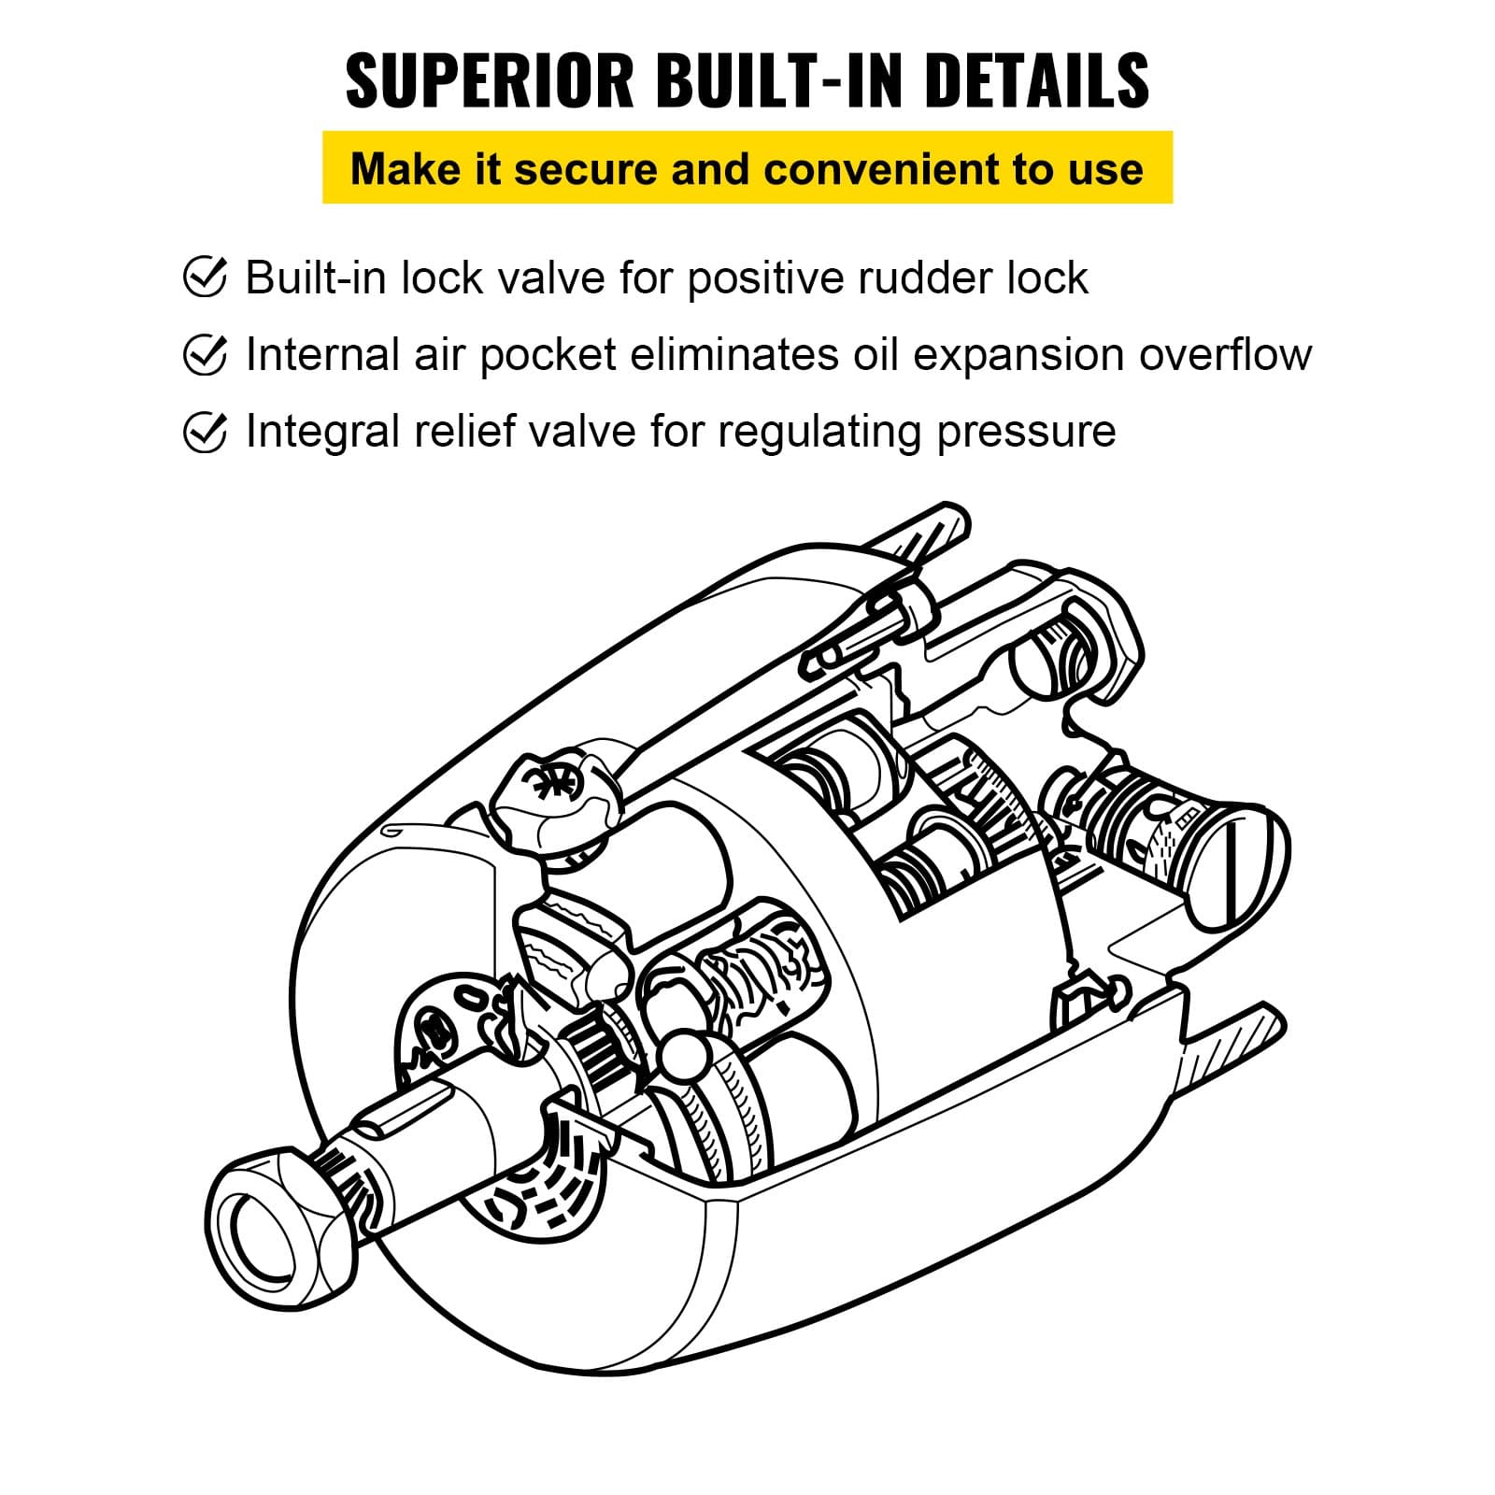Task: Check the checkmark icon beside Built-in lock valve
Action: tap(205, 278)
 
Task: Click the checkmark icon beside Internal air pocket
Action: tap(205, 354)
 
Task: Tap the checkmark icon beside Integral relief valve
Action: tap(205, 432)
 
